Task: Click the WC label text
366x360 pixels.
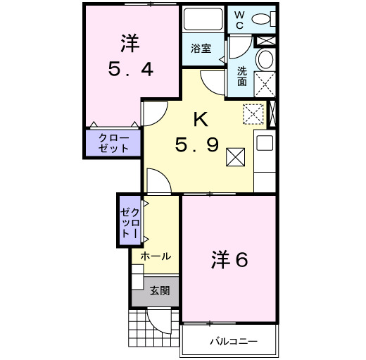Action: (239, 19)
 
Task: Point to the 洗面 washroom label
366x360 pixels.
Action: (241, 76)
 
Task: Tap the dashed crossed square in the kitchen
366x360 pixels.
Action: (251, 113)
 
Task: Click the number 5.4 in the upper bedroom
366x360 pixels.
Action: (130, 69)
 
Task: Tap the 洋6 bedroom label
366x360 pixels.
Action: (229, 259)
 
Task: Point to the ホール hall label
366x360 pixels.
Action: (156, 256)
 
